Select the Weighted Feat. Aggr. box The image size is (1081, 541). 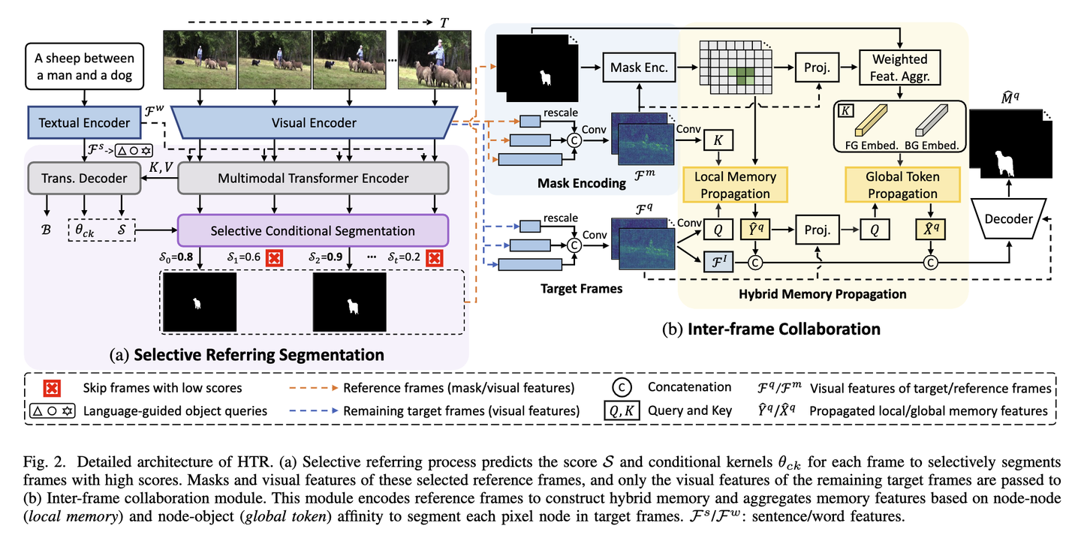coord(900,68)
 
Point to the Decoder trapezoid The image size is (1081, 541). coord(1008,218)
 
